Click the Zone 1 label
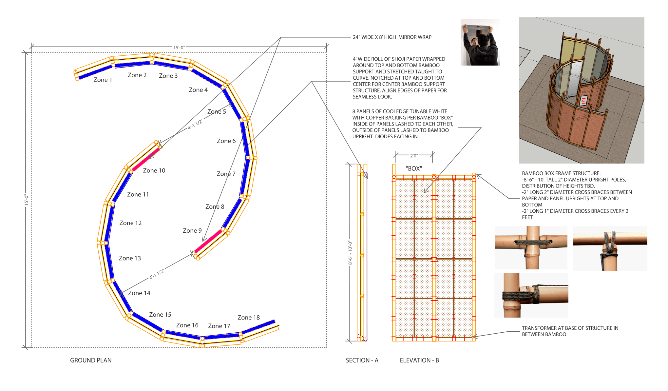103,80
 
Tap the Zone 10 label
154,170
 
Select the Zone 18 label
248,318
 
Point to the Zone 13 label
130,258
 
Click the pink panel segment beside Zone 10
146,159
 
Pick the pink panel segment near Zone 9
208,241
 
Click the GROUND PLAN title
91,360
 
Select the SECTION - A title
362,360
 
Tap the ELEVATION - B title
419,360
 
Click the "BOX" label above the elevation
414,168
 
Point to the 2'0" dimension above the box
414,156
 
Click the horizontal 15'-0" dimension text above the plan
179,48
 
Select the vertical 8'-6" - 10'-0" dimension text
350,252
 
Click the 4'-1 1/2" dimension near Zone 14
157,274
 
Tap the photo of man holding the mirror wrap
480,42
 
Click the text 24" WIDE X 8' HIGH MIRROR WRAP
392,37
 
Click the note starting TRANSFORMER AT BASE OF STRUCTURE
570,331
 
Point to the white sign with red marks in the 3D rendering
583,100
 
